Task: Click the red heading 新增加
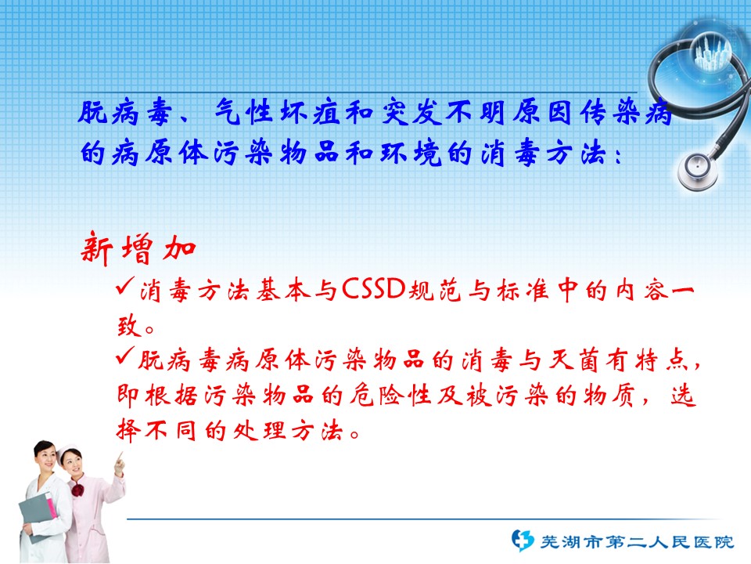(x=138, y=248)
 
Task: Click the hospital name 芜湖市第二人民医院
(x=637, y=542)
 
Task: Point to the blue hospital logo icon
(x=522, y=540)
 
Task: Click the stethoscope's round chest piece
(x=698, y=170)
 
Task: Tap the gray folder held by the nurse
(x=38, y=516)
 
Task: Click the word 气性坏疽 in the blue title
(x=278, y=113)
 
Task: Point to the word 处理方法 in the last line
(x=288, y=431)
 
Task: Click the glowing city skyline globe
(x=712, y=52)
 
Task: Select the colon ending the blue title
(x=618, y=155)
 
